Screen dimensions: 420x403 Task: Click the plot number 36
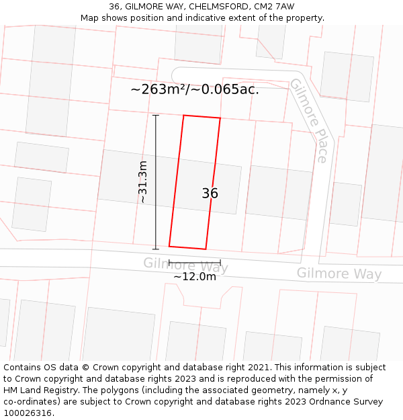210,194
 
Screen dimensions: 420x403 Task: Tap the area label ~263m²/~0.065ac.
195,89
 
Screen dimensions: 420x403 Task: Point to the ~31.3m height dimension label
142,181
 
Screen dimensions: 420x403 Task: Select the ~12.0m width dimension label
195,276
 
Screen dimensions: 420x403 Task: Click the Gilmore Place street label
308,121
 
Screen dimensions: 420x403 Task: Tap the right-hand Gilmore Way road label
339,274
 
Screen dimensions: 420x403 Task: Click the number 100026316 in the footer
28,413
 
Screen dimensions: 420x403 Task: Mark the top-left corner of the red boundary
184,116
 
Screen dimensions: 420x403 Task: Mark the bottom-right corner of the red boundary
206,249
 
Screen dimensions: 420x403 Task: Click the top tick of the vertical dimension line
156,116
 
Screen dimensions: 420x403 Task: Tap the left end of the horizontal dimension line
169,262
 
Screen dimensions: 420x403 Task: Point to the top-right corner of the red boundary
220,118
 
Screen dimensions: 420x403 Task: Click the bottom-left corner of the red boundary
169,246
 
